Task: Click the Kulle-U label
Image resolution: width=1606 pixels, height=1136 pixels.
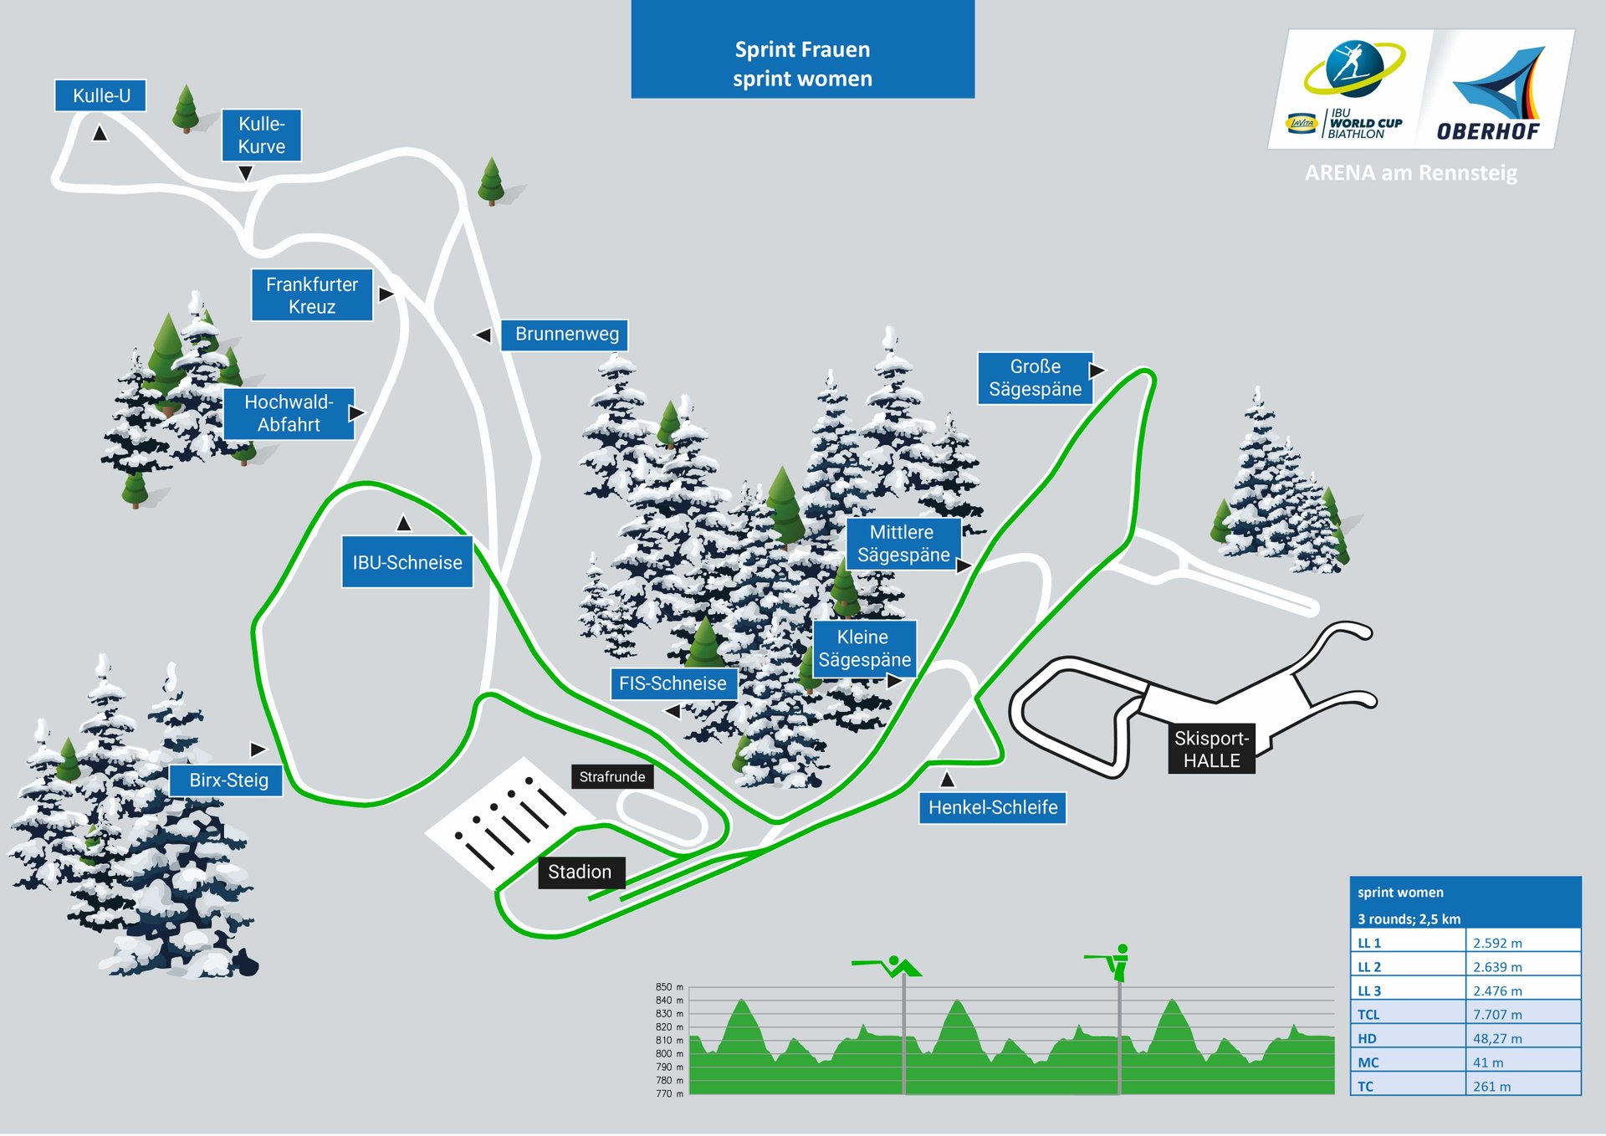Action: point(100,95)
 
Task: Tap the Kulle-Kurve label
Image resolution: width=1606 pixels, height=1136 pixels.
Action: point(261,135)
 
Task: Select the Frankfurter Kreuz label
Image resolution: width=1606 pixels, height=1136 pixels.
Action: point(312,295)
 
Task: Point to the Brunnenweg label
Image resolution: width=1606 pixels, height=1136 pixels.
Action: point(565,335)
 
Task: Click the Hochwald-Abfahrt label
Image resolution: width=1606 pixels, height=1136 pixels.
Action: point(289,413)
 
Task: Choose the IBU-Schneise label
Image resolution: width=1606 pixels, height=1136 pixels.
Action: point(407,562)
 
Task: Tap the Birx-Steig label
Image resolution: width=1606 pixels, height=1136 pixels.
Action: point(228,780)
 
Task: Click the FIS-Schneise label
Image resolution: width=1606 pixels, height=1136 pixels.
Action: point(673,683)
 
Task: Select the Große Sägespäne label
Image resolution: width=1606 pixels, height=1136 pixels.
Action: point(1035,378)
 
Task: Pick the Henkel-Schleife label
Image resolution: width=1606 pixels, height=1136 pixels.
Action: point(993,808)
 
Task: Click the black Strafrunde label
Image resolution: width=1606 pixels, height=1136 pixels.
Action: point(612,777)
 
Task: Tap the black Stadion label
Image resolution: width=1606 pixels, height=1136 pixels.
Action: point(580,872)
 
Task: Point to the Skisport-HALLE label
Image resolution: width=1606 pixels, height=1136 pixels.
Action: point(1211,750)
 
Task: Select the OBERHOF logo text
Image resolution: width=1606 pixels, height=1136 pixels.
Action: point(1488,132)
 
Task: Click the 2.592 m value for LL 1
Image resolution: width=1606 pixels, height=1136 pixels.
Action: point(1497,944)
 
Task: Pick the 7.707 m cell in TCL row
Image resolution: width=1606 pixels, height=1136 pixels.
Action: point(1497,1016)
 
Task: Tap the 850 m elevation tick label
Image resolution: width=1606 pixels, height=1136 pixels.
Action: point(669,988)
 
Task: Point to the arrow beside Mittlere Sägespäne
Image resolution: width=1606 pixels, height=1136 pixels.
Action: point(964,566)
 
